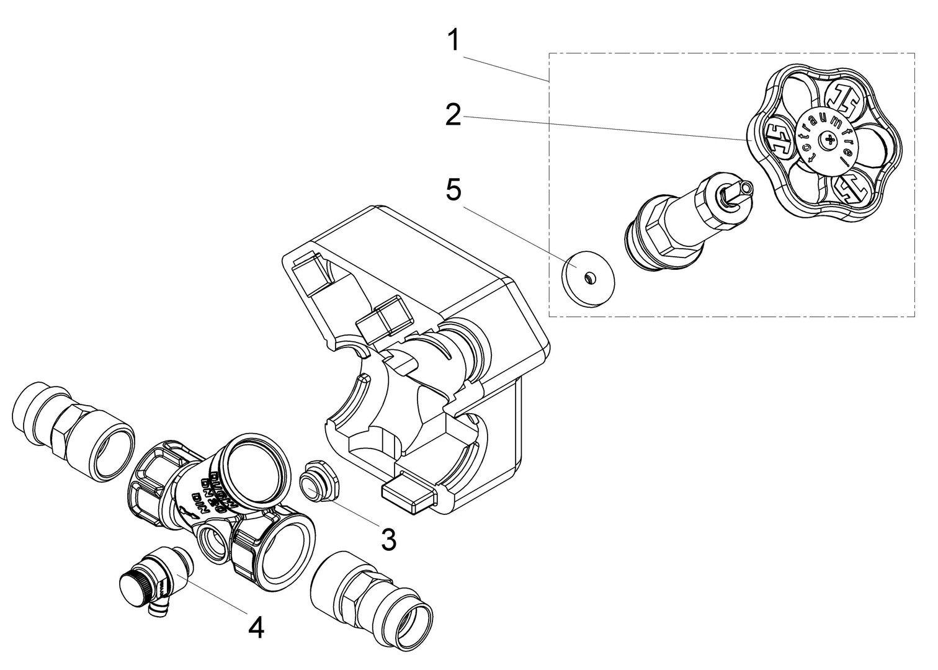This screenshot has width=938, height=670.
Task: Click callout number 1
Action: click(x=454, y=41)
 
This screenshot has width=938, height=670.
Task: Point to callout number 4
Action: click(x=256, y=628)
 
